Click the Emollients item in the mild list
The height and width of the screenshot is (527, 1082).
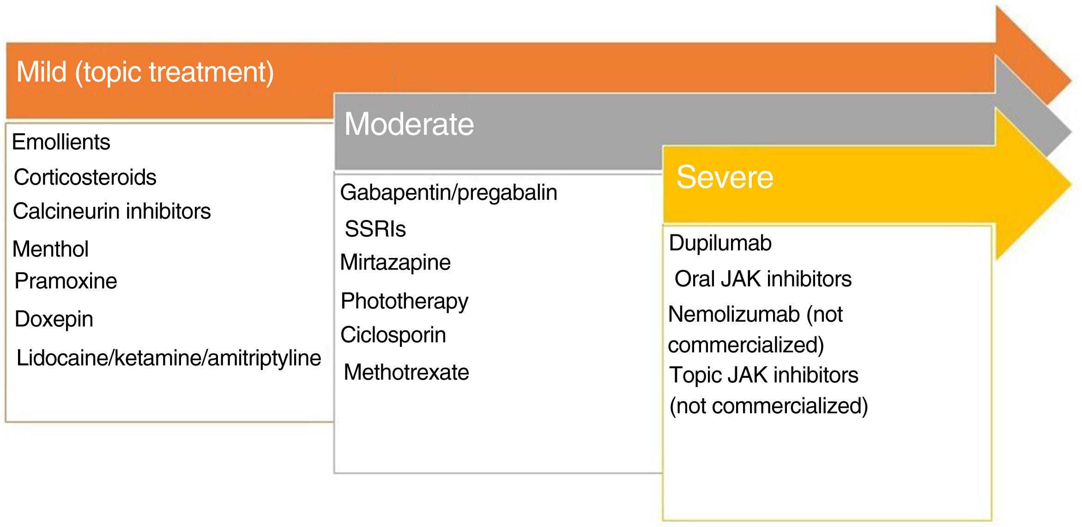point(61,142)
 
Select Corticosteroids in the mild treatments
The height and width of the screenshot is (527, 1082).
point(85,177)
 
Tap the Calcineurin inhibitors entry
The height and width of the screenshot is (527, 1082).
point(112,211)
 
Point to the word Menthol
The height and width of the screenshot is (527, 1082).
point(50,249)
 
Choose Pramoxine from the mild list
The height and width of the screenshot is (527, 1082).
point(66,281)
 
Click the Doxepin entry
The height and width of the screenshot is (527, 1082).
point(54,319)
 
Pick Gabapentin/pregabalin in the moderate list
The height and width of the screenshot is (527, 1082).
point(448,193)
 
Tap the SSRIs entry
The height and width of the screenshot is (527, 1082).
point(375,229)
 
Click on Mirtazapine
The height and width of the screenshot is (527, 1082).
point(395,263)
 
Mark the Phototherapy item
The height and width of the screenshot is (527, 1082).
point(404,302)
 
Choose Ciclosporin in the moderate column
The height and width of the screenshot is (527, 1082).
point(393,335)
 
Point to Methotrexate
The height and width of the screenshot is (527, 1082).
point(406,372)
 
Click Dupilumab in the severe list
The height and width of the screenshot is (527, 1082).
point(720,243)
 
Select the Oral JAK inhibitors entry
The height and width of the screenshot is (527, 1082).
point(763,279)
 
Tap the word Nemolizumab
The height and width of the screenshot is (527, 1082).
point(734,314)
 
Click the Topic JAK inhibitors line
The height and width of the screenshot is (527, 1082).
point(764,375)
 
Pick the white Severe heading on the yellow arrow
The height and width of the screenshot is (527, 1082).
point(725,177)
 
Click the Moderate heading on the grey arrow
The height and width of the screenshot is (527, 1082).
point(409,124)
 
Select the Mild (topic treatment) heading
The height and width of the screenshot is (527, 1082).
point(145,72)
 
